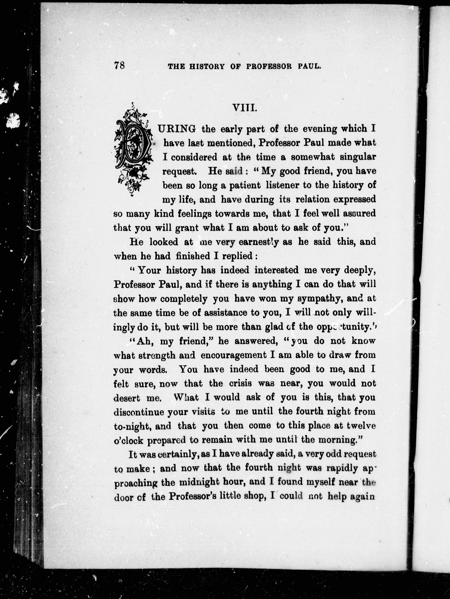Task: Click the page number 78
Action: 119,65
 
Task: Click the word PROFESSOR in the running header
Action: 269,66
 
